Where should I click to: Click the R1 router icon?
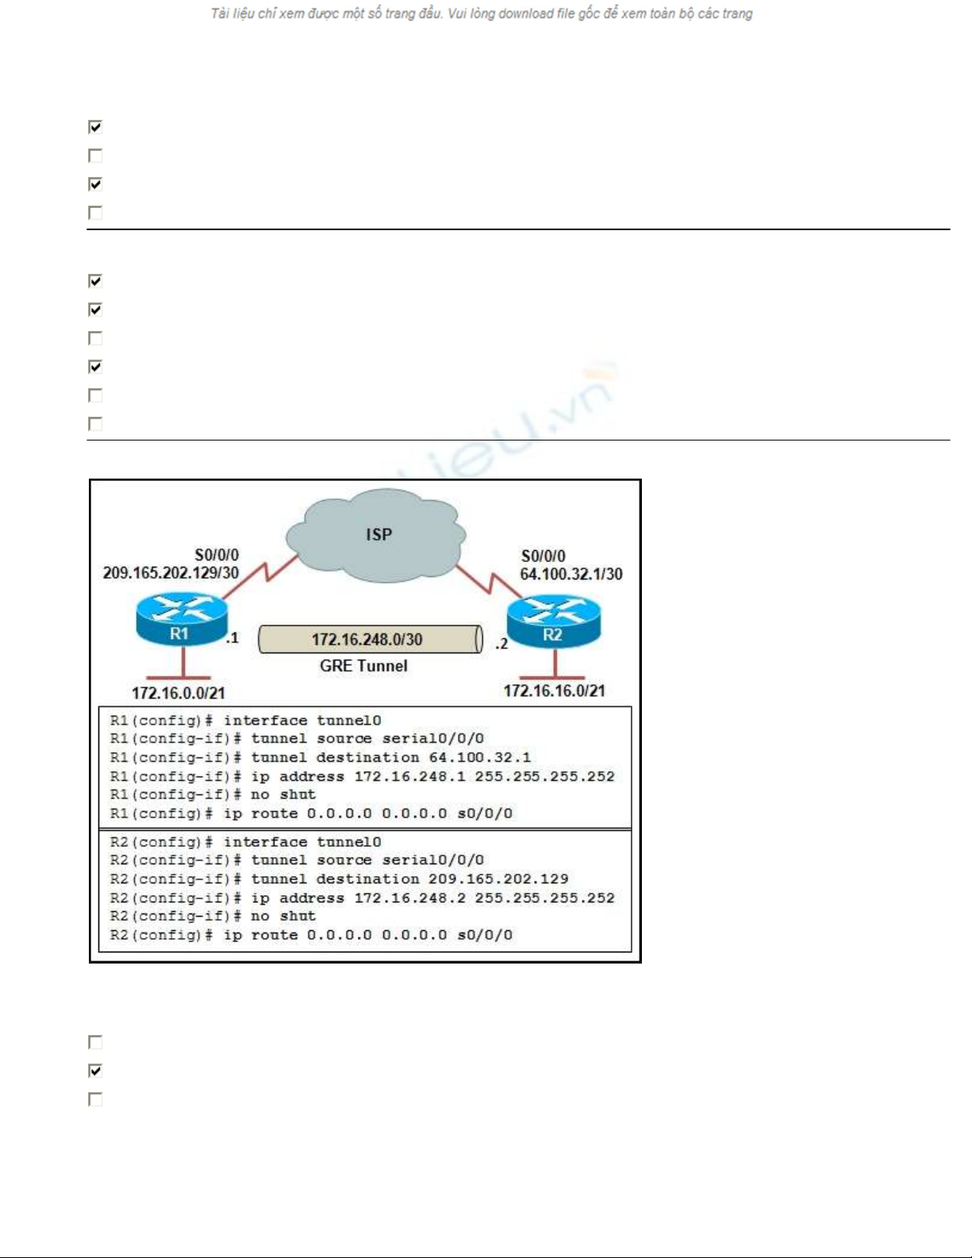tap(182, 619)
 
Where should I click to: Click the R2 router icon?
tap(554, 621)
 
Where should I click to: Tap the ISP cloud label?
tap(379, 534)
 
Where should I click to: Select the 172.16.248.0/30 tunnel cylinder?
tap(371, 639)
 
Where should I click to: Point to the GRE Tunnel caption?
tap(363, 666)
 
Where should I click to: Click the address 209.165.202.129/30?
tap(171, 573)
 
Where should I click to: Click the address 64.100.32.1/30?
tap(571, 575)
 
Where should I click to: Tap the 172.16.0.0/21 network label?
tap(179, 693)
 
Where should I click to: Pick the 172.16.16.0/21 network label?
tap(555, 691)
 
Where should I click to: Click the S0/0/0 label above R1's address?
tap(217, 556)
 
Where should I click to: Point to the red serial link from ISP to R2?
tap(489, 582)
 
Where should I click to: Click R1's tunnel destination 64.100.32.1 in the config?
tap(479, 757)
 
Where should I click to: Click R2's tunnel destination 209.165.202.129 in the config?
tap(498, 879)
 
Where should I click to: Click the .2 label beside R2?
tap(501, 644)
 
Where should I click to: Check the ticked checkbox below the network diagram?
tap(95, 1071)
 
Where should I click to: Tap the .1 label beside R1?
tap(232, 638)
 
